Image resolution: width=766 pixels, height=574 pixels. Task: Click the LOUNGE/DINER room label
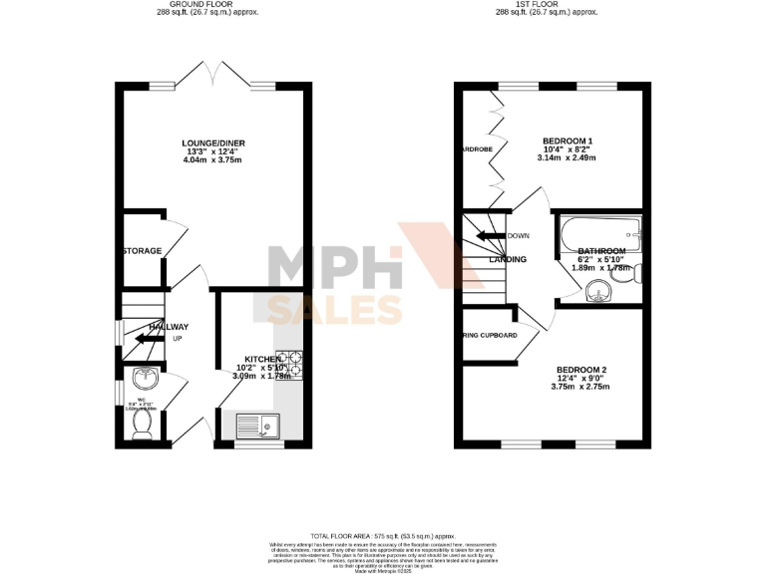click(213, 143)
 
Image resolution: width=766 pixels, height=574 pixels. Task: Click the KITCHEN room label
click(263, 359)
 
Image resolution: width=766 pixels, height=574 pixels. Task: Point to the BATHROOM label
click(601, 251)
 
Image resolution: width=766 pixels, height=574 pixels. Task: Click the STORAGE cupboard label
click(142, 251)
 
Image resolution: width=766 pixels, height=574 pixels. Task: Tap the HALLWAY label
click(168, 327)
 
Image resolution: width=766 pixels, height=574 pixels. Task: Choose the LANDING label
click(508, 260)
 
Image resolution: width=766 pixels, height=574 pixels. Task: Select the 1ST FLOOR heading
click(549, 4)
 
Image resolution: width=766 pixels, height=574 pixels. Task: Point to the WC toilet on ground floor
click(142, 425)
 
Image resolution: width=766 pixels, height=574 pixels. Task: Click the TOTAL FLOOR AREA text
click(383, 535)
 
